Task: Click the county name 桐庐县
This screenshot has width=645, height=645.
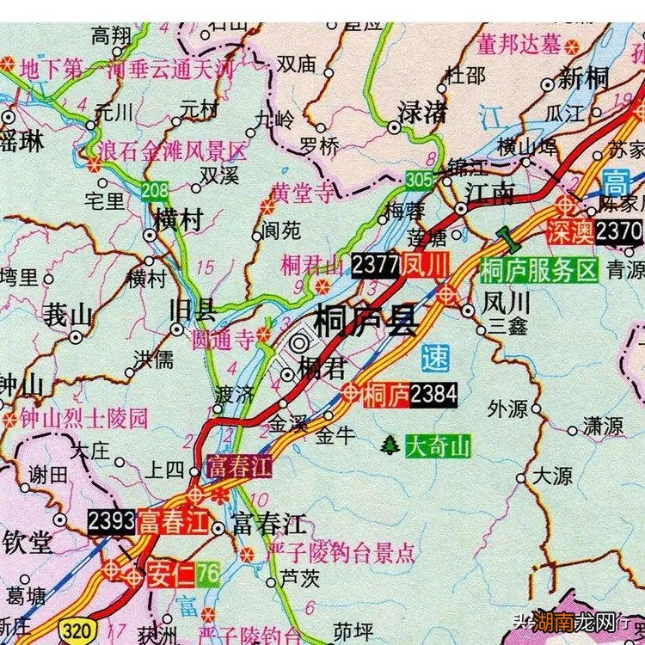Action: point(365,321)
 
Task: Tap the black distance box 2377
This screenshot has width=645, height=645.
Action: point(375,266)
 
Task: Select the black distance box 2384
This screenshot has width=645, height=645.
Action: point(433,395)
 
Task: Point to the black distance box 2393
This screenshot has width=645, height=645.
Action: point(111,521)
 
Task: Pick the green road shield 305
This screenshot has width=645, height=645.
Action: point(419,180)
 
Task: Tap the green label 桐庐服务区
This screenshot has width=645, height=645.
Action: point(539,270)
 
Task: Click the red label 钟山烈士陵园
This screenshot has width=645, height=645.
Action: point(84,419)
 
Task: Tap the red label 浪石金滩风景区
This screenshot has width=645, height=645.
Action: point(171,153)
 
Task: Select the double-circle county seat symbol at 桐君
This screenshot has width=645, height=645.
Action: point(298,343)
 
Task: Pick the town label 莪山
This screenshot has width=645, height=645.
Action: point(67,315)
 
